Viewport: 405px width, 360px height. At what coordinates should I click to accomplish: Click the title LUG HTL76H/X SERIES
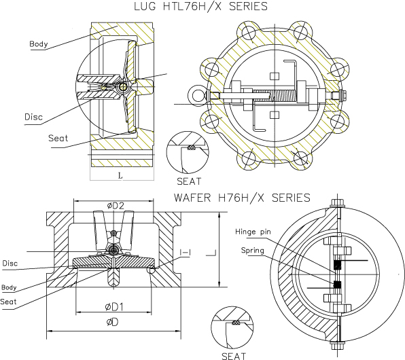[x=200, y=7]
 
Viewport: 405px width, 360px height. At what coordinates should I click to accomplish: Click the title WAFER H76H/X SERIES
[x=242, y=198]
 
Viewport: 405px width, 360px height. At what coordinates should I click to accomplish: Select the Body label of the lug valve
[x=39, y=44]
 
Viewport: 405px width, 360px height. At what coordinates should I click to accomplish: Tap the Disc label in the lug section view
[x=33, y=117]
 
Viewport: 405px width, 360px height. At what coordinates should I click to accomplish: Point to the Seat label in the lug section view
[x=58, y=138]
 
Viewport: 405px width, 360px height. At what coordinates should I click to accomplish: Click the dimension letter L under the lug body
[x=120, y=176]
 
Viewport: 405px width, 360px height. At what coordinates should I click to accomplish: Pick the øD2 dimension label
[x=116, y=206]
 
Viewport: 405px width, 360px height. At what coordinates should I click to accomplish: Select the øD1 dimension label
[x=114, y=307]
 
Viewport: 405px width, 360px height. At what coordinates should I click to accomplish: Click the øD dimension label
[x=112, y=322]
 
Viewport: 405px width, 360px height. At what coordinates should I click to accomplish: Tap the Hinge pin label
[x=253, y=232]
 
